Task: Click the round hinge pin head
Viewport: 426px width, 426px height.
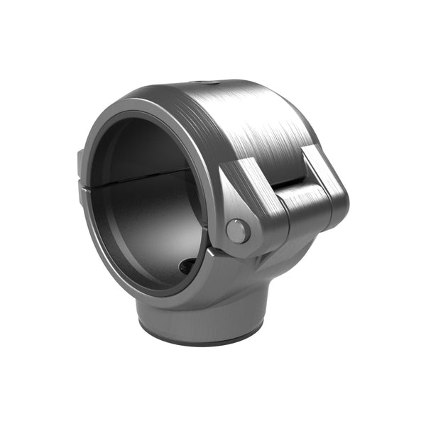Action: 237,230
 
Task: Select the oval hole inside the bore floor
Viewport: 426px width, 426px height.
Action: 187,266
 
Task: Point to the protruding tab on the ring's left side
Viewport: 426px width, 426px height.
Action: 81,164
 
